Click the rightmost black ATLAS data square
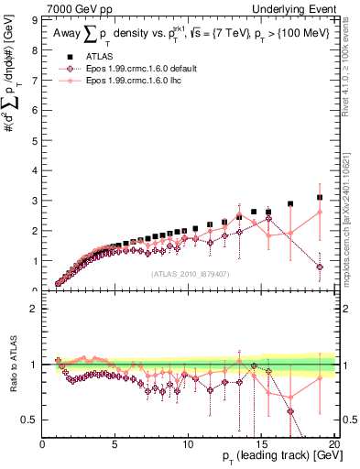click(320, 197)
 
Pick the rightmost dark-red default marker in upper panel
click(320, 267)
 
